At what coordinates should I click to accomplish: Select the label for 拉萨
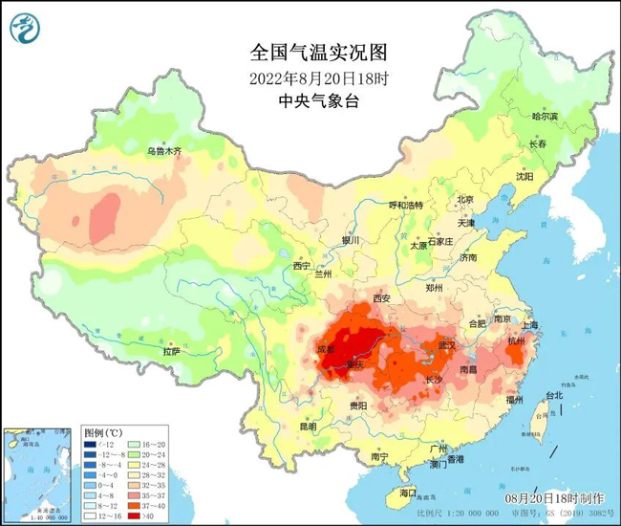tap(171, 351)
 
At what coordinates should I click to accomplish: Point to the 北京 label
tap(465, 199)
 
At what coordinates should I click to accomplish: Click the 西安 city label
tap(382, 298)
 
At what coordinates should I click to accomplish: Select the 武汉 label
tap(446, 343)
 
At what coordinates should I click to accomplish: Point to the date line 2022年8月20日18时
tap(310, 77)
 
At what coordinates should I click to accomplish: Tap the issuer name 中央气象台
tap(310, 99)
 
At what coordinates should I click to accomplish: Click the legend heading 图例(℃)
tap(103, 431)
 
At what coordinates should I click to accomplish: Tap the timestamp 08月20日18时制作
tap(554, 498)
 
